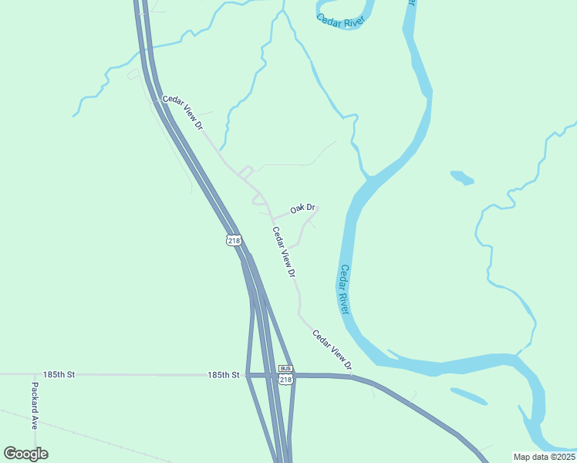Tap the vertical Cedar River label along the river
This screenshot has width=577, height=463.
click(345, 289)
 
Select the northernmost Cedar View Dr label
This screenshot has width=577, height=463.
click(182, 113)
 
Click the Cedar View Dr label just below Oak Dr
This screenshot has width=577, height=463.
click(284, 252)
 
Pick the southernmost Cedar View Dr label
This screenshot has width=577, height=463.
click(332, 349)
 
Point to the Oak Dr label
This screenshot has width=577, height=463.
click(302, 208)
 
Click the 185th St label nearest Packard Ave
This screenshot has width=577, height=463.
click(59, 374)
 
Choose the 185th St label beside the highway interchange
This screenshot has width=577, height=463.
click(224, 375)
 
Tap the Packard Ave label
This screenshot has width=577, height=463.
click(35, 405)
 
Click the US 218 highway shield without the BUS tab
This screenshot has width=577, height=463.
click(234, 241)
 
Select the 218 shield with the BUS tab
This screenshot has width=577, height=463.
click(285, 379)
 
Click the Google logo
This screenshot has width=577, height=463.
click(25, 453)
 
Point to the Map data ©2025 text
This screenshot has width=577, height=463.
click(543, 457)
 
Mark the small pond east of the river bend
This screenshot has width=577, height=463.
click(462, 177)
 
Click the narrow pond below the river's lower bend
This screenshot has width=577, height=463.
click(468, 396)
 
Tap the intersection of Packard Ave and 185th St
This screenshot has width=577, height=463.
click(34, 374)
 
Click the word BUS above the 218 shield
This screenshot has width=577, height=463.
click(285, 369)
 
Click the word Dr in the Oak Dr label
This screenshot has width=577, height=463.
click(310, 208)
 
